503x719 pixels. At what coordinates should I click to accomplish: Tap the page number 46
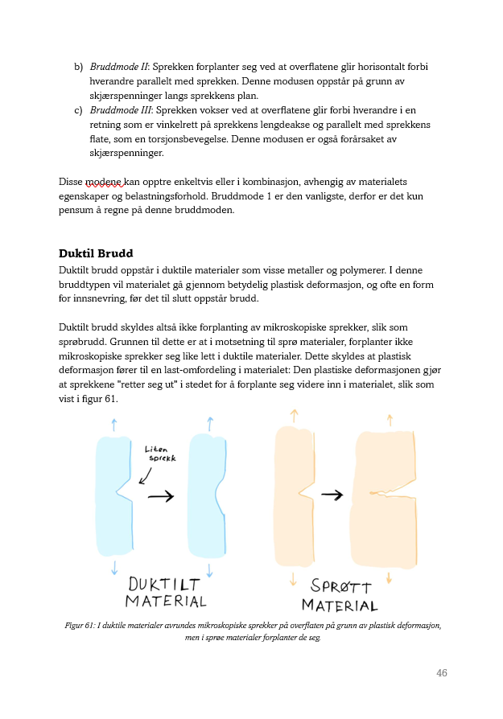click(441, 673)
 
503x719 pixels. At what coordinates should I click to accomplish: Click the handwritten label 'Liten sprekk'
click(161, 454)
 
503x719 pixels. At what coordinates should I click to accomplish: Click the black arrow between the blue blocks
click(161, 497)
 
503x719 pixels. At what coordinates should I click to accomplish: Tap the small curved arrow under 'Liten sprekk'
click(146, 475)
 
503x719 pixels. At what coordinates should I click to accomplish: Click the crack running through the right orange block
click(385, 491)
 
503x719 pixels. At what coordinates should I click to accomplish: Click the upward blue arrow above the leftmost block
click(113, 424)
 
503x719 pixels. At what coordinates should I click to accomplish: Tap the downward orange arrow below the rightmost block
click(389, 578)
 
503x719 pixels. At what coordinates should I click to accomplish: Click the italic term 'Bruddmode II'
click(118, 66)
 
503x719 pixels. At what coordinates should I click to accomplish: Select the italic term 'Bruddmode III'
click(120, 109)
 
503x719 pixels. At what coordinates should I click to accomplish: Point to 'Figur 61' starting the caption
click(80, 625)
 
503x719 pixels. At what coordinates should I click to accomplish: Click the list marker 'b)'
click(78, 66)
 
